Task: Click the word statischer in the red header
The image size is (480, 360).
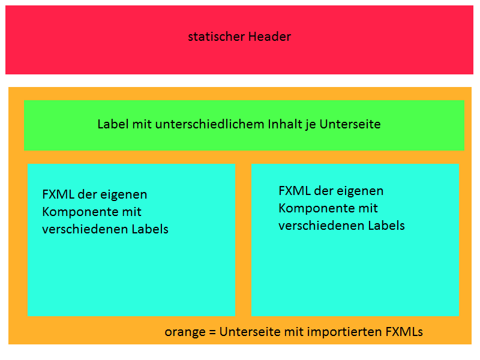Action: point(216,37)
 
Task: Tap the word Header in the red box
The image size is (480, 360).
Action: point(269,37)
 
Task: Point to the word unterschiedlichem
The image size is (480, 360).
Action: point(209,124)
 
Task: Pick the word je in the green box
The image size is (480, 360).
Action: point(310,125)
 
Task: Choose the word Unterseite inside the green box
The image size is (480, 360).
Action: point(350,124)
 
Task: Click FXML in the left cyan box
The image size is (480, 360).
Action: point(58,194)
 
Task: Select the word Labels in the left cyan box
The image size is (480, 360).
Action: point(150,229)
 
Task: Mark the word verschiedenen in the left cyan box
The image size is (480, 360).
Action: point(85,229)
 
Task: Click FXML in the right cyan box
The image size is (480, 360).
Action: point(295,191)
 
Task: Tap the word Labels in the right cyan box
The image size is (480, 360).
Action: point(386,226)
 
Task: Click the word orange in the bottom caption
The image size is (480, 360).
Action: point(185,332)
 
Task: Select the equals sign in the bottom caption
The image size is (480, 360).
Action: point(212,332)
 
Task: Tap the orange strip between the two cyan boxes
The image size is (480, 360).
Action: point(243,239)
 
